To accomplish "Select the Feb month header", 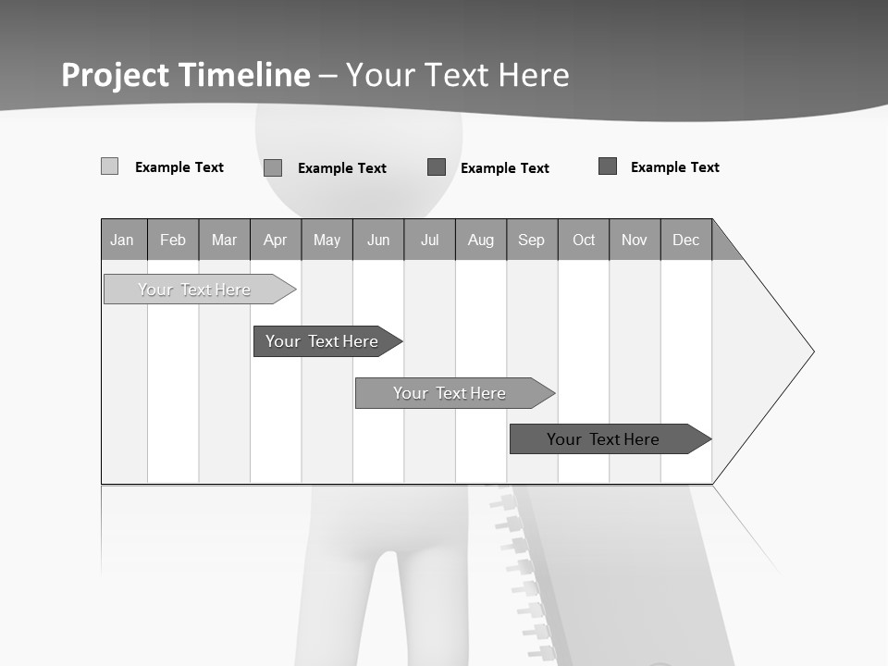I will click(x=173, y=240).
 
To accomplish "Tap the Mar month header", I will click(x=224, y=240).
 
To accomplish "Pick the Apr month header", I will click(x=276, y=240).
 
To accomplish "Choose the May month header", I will click(x=327, y=240).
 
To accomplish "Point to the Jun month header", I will click(x=378, y=240).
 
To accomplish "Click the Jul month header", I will click(x=429, y=240).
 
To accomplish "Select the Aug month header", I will click(x=481, y=240).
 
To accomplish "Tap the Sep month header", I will click(x=532, y=240).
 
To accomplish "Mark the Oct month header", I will click(x=584, y=240).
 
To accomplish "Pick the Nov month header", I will click(x=635, y=240).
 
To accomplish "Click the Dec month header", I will click(x=686, y=240).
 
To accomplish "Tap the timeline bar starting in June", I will click(x=451, y=393).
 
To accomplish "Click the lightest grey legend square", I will click(x=109, y=166).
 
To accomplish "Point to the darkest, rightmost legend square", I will click(x=608, y=166).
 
